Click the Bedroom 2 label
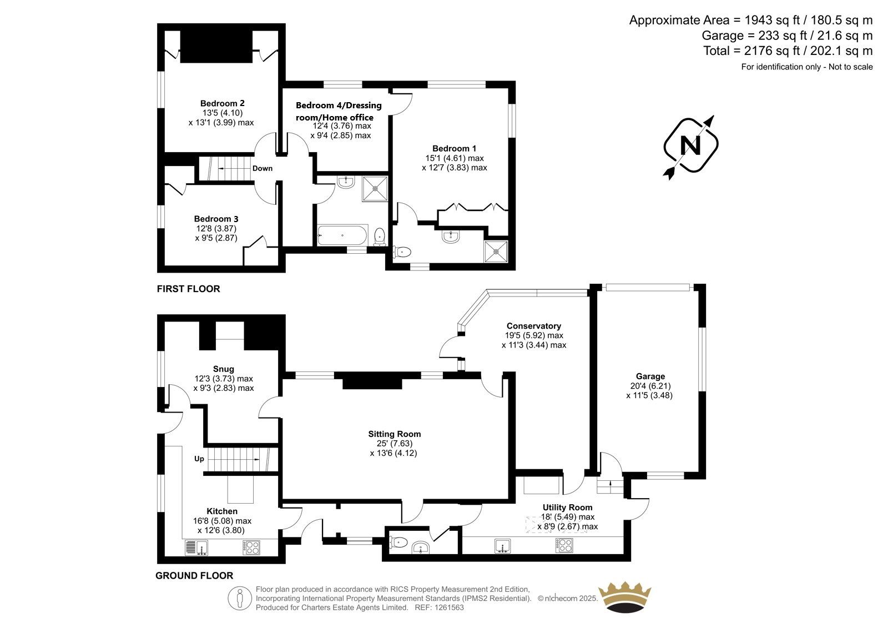pyautogui.click(x=222, y=103)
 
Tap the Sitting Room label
pyautogui.click(x=395, y=434)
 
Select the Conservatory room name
pyautogui.click(x=533, y=326)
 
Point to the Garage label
pyautogui.click(x=650, y=376)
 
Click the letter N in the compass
pyautogui.click(x=690, y=145)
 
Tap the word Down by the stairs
pyautogui.click(x=263, y=168)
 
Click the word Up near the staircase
pyautogui.click(x=199, y=459)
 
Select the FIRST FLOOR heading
pyautogui.click(x=188, y=289)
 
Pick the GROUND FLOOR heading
pyautogui.click(x=194, y=576)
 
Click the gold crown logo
pyautogui.click(x=625, y=598)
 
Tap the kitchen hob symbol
pyautogui.click(x=251, y=547)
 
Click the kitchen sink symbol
pyautogui.click(x=196, y=547)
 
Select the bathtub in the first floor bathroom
pyautogui.click(x=342, y=235)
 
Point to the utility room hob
pyautogui.click(x=564, y=545)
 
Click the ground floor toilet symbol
pyautogui.click(x=398, y=542)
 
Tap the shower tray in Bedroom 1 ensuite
pyautogui.click(x=496, y=251)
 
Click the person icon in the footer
pyautogui.click(x=239, y=599)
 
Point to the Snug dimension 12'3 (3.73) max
pyautogui.click(x=224, y=379)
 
